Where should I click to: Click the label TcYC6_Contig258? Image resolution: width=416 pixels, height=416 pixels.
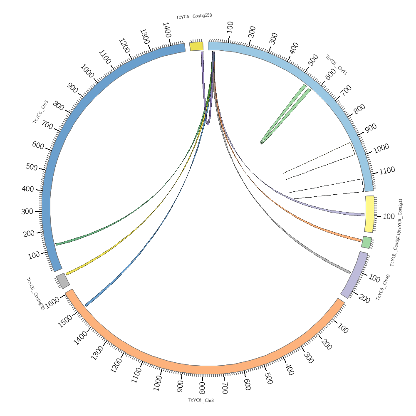pos(194,16)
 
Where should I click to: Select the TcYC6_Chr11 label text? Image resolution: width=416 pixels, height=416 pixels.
pos(336,65)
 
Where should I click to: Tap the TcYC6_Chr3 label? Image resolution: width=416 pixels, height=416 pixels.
pos(201,400)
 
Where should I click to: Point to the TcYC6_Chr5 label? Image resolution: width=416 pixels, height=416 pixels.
pos(40,112)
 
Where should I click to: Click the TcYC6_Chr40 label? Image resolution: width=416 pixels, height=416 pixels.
pos(383,287)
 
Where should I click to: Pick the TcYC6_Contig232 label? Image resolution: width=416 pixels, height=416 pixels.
pos(35,294)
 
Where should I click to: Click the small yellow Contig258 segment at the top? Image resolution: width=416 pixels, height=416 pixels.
pos(196,46)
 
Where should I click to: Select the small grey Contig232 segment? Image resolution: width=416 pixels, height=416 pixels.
pos(63,281)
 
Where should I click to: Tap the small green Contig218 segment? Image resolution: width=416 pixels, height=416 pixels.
pos(366,242)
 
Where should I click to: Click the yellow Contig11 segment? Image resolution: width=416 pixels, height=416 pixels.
pos(369,214)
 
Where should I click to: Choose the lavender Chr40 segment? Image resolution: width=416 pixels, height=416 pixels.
pos(354,275)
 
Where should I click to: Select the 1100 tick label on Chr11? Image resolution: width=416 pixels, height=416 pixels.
pos(387,170)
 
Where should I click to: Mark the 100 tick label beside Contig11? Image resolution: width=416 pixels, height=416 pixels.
pos(389,216)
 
